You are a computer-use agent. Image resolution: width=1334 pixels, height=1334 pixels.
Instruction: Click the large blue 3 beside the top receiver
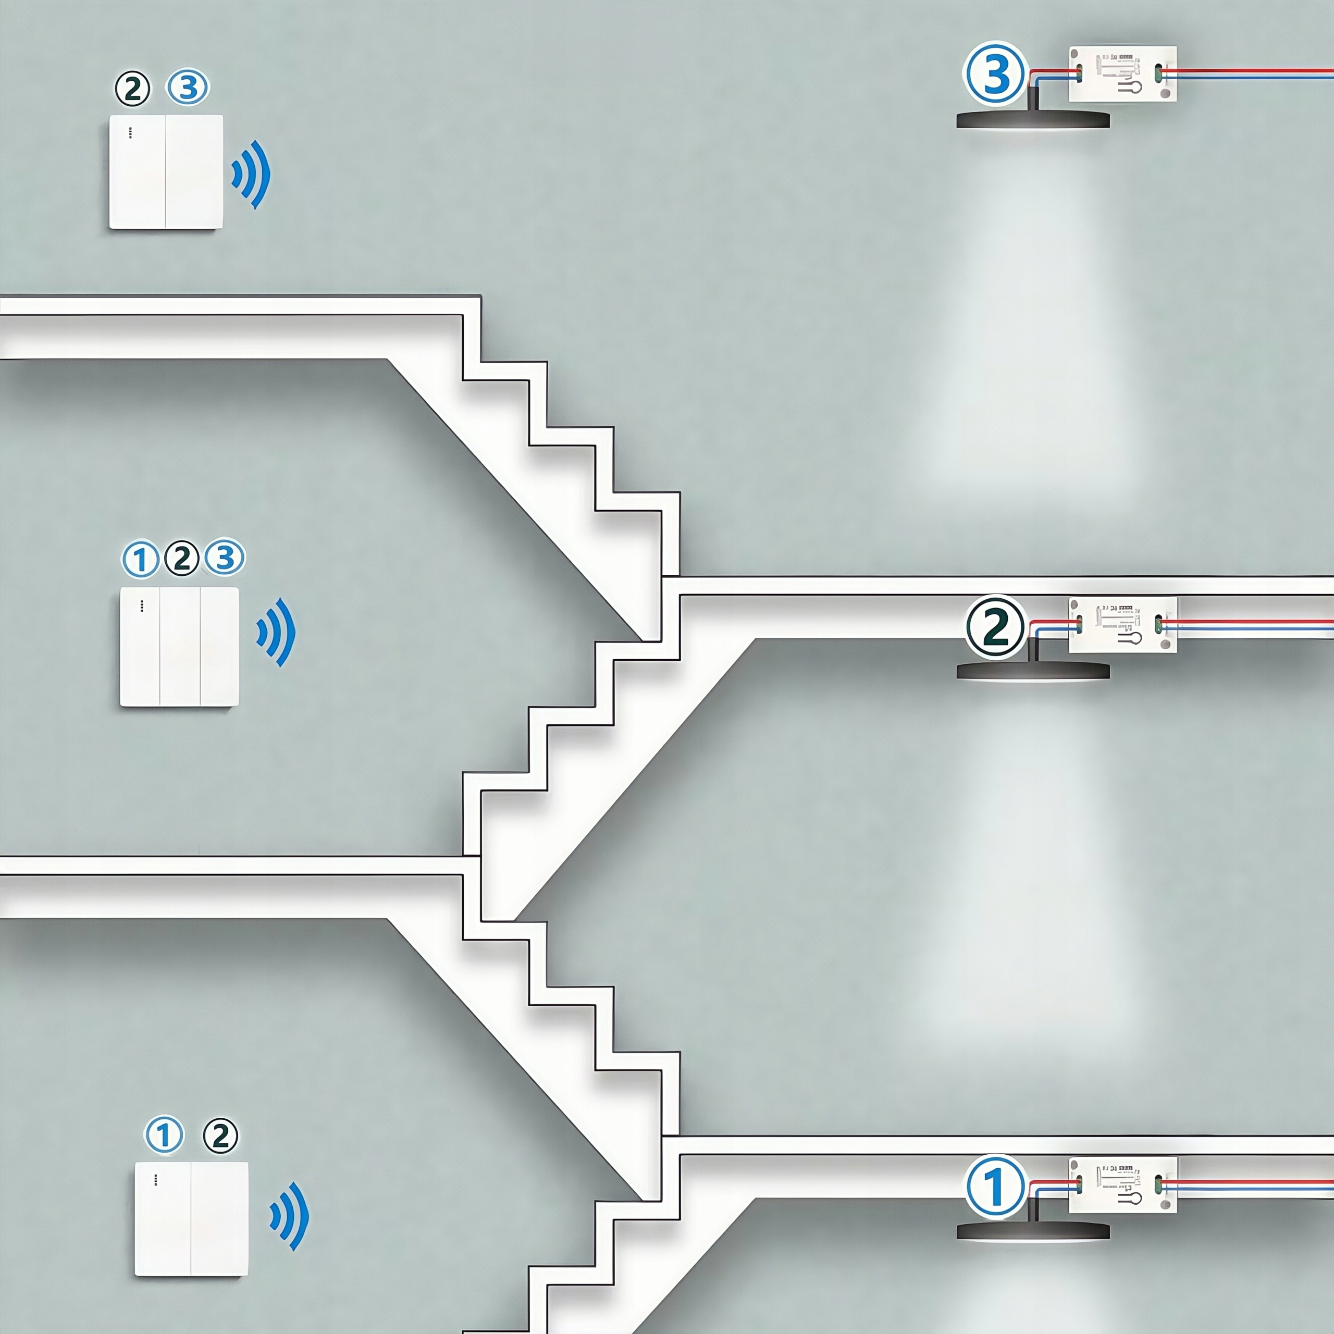(994, 75)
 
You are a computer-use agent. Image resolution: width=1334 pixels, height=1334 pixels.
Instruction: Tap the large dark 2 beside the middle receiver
(995, 627)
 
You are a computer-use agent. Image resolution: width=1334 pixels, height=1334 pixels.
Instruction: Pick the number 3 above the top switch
(188, 88)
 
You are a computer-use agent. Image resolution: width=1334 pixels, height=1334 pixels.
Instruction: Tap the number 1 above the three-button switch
(141, 559)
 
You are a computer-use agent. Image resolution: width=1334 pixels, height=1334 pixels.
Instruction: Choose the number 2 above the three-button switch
(182, 558)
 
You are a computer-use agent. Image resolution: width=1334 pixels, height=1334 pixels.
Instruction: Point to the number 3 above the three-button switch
(225, 557)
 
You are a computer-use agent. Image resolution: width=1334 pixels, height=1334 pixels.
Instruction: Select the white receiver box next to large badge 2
(1122, 625)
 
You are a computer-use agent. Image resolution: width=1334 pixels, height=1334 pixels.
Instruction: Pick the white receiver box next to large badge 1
(1122, 1185)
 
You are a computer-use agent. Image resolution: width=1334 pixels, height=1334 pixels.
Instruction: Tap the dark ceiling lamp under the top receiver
(1032, 119)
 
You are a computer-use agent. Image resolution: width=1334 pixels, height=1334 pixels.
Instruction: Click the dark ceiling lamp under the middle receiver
(1032, 671)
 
